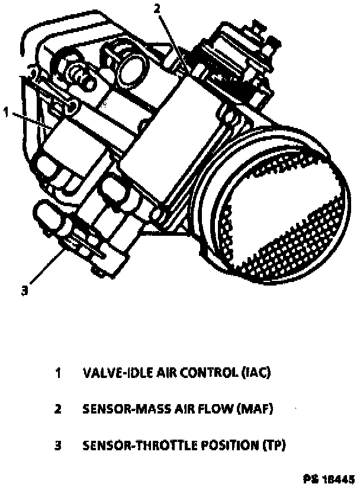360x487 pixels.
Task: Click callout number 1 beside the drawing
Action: tap(6, 111)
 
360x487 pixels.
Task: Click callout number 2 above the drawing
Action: tap(157, 8)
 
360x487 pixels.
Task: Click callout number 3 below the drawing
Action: tap(24, 290)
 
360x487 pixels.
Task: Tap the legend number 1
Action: tap(59, 373)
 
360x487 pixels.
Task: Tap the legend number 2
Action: tap(59, 409)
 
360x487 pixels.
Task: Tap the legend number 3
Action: tap(59, 444)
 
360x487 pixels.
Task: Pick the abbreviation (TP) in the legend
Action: tap(272, 444)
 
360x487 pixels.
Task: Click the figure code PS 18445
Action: tap(329, 476)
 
